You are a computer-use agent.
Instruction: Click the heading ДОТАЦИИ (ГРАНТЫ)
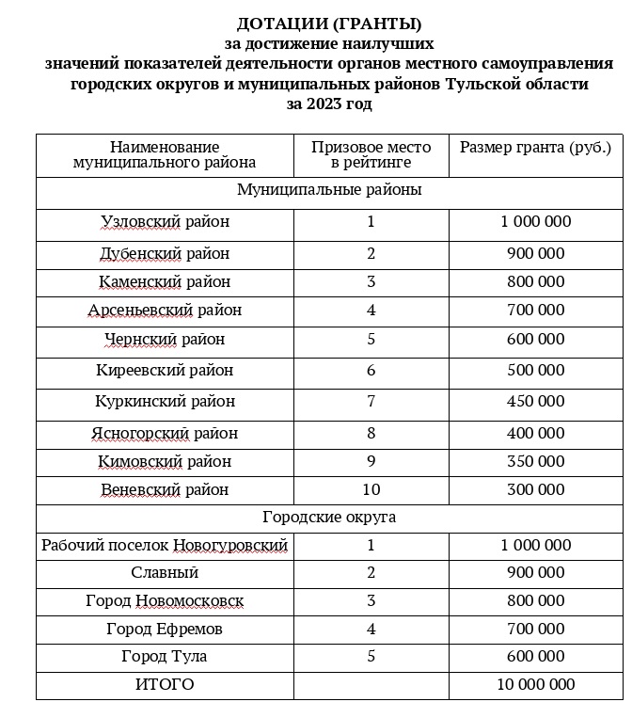tap(329, 24)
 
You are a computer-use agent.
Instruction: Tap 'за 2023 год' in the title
tap(329, 104)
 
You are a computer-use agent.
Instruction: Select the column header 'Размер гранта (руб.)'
tap(535, 148)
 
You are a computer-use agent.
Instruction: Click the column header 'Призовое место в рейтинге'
tap(371, 155)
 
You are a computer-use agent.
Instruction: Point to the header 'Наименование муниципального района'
tap(165, 155)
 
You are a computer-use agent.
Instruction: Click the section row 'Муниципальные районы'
tap(329, 190)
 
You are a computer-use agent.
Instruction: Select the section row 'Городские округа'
tap(329, 518)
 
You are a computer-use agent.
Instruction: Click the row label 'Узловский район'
tap(165, 223)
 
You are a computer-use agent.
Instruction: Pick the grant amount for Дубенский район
tap(535, 254)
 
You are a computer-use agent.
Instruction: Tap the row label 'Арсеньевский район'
tap(165, 311)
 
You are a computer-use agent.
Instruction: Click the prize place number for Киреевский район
tap(371, 371)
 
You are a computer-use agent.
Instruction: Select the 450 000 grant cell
tap(535, 402)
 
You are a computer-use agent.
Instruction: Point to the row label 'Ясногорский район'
tap(165, 434)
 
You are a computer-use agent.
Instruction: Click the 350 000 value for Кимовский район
tap(535, 462)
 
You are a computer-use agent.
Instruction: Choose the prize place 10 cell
tap(371, 490)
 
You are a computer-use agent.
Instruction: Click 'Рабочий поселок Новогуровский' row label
tap(165, 546)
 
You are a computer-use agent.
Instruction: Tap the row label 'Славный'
tap(165, 573)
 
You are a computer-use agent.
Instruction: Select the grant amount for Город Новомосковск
tap(535, 601)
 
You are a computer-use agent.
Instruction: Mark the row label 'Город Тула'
tap(165, 657)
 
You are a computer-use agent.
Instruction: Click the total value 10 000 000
tap(535, 685)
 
